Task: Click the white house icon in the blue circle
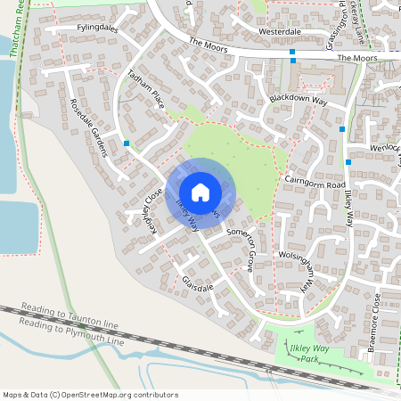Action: point(200,192)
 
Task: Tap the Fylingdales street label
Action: point(98,29)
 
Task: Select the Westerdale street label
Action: point(280,31)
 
